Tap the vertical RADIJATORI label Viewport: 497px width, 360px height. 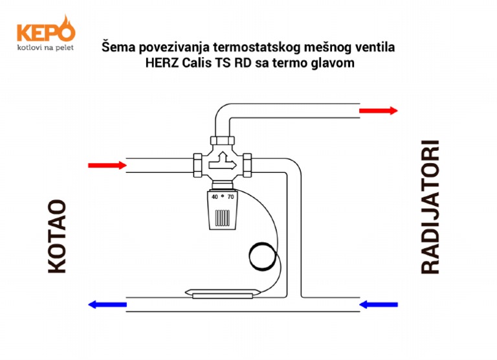pos(430,207)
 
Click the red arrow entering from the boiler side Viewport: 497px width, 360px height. pos(107,165)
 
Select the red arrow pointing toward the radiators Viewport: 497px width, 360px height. pos(379,111)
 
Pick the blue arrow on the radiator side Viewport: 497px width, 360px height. pos(379,304)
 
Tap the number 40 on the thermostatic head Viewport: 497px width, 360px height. pos(214,196)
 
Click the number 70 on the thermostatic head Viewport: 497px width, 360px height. pos(230,196)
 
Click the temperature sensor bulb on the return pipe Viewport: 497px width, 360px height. pos(220,293)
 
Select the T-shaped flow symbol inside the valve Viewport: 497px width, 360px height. pos(221,157)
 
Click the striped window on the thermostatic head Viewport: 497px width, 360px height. pos(222,216)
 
